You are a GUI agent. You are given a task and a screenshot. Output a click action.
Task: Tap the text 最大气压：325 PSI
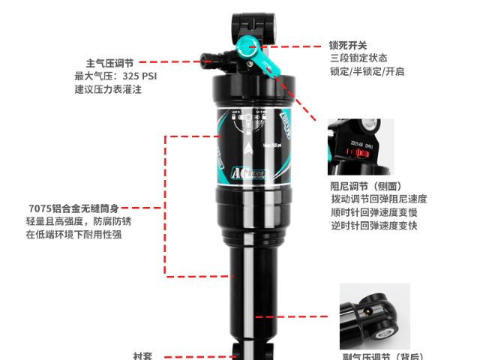pyautogui.click(x=115, y=76)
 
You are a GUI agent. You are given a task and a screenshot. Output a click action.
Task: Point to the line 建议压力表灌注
pyautogui.click(x=108, y=90)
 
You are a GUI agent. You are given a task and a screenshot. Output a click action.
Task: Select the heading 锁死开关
pyautogui.click(x=348, y=45)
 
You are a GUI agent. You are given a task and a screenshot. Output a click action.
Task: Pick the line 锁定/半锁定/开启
pyautogui.click(x=367, y=72)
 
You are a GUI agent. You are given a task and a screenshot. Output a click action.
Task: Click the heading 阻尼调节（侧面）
pyautogui.click(x=366, y=186)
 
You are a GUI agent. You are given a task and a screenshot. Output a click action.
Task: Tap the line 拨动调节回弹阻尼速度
pyautogui.click(x=379, y=199)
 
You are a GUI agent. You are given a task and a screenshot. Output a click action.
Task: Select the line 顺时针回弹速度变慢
pyautogui.click(x=373, y=213)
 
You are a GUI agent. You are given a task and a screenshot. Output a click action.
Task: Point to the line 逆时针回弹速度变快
pyautogui.click(x=373, y=226)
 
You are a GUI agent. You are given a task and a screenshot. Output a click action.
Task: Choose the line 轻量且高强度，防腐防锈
pyautogui.click(x=79, y=221)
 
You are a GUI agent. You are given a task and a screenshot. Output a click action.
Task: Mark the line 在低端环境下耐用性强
pyautogui.click(x=73, y=235)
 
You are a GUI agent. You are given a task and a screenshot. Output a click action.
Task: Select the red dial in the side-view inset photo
pyautogui.click(x=352, y=154)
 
